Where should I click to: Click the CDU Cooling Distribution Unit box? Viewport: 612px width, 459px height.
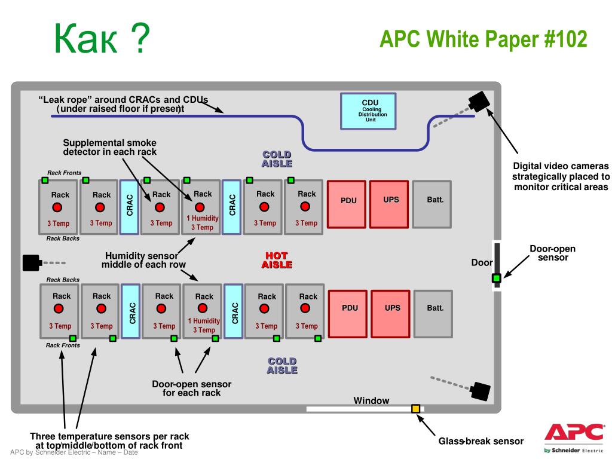pyautogui.click(x=368, y=111)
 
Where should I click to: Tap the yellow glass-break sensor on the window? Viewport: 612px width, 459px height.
pyautogui.click(x=416, y=409)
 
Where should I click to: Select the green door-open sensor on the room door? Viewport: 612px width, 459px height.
pyautogui.click(x=496, y=279)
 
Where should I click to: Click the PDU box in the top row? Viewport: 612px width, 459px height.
pyautogui.click(x=347, y=204)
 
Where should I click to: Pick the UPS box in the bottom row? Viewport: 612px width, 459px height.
pyautogui.click(x=390, y=314)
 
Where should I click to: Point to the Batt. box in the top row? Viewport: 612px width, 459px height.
pyautogui.click(x=432, y=204)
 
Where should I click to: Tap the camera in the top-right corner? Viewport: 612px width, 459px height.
pyautogui.click(x=479, y=102)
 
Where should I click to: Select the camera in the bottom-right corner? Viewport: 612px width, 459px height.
pyautogui.click(x=480, y=391)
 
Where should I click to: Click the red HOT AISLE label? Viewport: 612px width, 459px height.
pyautogui.click(x=277, y=260)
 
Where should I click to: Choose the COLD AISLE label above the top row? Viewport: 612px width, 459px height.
pyautogui.click(x=277, y=159)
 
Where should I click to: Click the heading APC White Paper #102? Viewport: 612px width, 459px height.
pyautogui.click(x=483, y=39)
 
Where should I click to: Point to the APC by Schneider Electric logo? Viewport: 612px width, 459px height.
pyautogui.click(x=574, y=438)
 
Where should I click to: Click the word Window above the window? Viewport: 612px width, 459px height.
pyautogui.click(x=371, y=400)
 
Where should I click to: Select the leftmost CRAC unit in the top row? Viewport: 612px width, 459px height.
pyautogui.click(x=129, y=207)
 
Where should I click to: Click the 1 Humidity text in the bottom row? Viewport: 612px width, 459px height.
pyautogui.click(x=204, y=321)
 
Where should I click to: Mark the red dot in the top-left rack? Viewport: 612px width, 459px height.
pyautogui.click(x=57, y=207)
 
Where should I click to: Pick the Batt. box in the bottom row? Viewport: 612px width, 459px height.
pyautogui.click(x=433, y=314)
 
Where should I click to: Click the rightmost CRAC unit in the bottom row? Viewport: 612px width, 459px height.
pyautogui.click(x=234, y=311)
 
